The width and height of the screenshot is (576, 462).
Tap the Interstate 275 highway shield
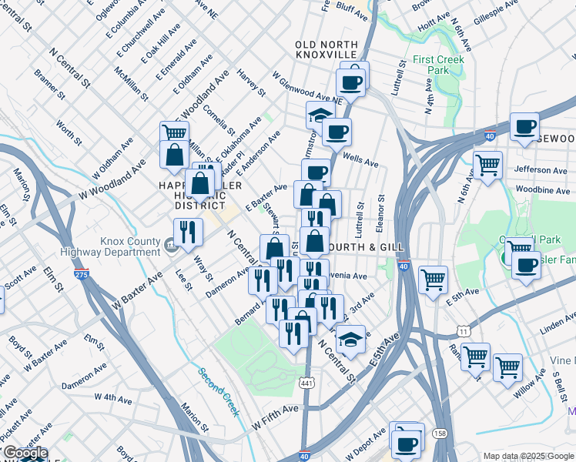point(81,273)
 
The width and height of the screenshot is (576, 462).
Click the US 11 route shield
point(463,330)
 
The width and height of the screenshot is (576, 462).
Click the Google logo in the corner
point(25,453)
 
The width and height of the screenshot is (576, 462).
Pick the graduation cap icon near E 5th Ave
point(350,339)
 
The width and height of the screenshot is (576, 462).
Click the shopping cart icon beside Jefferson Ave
point(487,164)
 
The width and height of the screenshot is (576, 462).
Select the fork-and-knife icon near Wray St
point(186,229)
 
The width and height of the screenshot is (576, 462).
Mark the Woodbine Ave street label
point(542,189)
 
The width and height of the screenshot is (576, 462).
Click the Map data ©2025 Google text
point(527,456)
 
